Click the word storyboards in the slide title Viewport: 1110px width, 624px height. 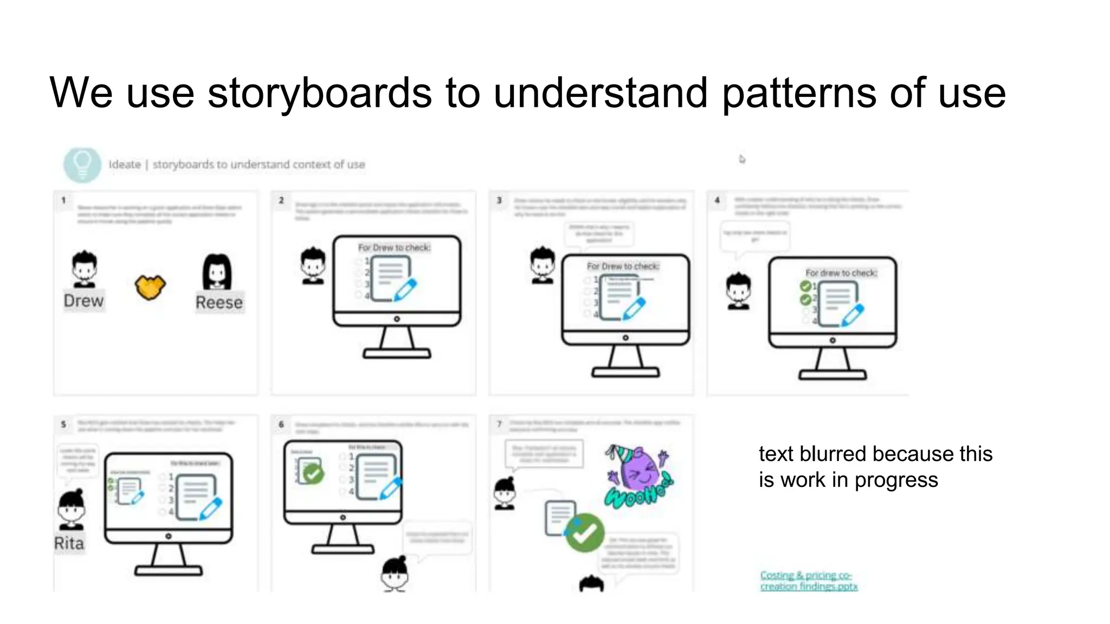click(320, 93)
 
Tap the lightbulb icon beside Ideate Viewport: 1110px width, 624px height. click(82, 164)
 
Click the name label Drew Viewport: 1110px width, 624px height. click(83, 301)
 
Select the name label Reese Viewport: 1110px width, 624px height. click(219, 302)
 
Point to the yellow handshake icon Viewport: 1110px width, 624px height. click(150, 287)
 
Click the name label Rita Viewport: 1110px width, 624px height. click(69, 543)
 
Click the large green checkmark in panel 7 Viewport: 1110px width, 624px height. click(585, 533)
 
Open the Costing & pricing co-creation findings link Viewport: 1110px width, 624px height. click(808, 581)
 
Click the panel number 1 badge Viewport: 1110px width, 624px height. click(64, 200)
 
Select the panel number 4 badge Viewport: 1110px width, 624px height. click(717, 200)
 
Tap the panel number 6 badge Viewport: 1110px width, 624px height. click(281, 425)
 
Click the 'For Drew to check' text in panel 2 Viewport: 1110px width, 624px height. click(394, 248)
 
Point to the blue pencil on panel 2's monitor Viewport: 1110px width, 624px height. click(405, 289)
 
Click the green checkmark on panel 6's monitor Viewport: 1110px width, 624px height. click(313, 474)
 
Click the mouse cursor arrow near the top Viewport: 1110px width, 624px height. click(742, 159)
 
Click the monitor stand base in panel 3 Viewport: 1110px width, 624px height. click(625, 372)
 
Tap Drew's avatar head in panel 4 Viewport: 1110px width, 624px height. click(739, 290)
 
